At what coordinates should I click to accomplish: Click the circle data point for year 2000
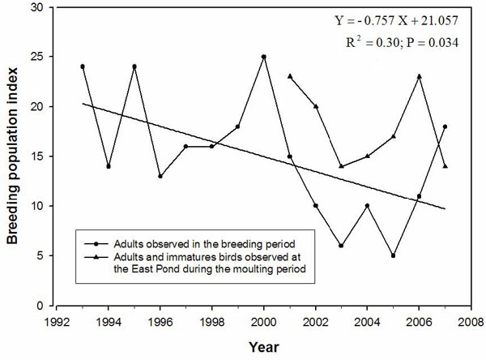pyautogui.click(x=264, y=57)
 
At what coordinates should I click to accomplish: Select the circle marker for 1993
pyautogui.click(x=83, y=66)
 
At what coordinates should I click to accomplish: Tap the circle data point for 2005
pyautogui.click(x=394, y=255)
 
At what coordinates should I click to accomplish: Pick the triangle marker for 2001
pyautogui.click(x=290, y=76)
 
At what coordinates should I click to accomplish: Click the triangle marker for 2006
pyautogui.click(x=420, y=76)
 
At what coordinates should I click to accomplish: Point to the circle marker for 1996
pyautogui.click(x=160, y=176)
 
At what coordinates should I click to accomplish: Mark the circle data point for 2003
pyautogui.click(x=342, y=246)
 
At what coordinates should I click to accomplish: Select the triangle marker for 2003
pyautogui.click(x=342, y=166)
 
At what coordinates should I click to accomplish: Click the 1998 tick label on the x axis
pyautogui.click(x=212, y=319)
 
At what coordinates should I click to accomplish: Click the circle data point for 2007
pyautogui.click(x=446, y=126)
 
